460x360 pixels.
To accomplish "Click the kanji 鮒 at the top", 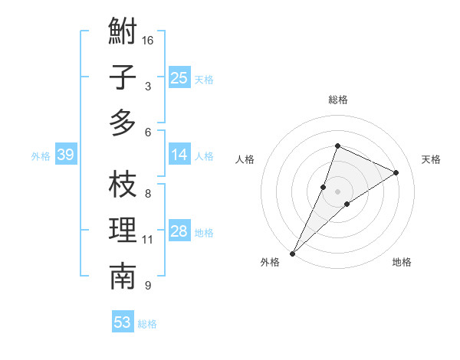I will point(123,32).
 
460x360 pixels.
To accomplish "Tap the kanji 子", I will point(123,77).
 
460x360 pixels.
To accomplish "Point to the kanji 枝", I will point(123,185).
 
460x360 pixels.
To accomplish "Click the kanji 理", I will point(123,231).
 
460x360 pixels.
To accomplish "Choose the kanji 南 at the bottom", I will point(123,277).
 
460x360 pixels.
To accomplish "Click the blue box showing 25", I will point(179,77).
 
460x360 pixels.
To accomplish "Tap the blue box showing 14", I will point(179,155).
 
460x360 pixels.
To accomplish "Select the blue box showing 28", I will point(179,231).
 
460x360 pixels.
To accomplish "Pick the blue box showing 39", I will point(65,155).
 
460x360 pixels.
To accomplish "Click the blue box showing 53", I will point(123,322).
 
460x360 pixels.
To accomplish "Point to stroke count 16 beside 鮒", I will point(149,40).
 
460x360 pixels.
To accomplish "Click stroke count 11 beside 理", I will point(148,240).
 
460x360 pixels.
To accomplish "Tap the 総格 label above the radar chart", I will point(338,100).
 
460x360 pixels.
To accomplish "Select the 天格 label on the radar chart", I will point(432,159).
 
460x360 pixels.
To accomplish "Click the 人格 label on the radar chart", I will point(245,159).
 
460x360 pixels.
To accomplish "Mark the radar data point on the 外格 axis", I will point(293,253).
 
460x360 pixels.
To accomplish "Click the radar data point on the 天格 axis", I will point(396,172).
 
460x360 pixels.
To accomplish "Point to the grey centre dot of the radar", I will point(338,191).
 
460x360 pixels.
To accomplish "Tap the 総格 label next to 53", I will point(148,324).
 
